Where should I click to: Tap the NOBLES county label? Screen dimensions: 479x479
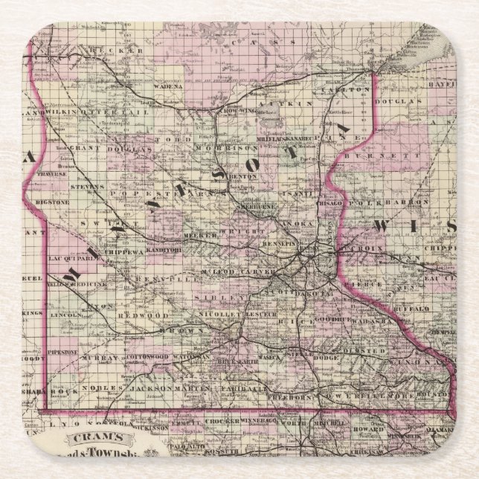(97, 388)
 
